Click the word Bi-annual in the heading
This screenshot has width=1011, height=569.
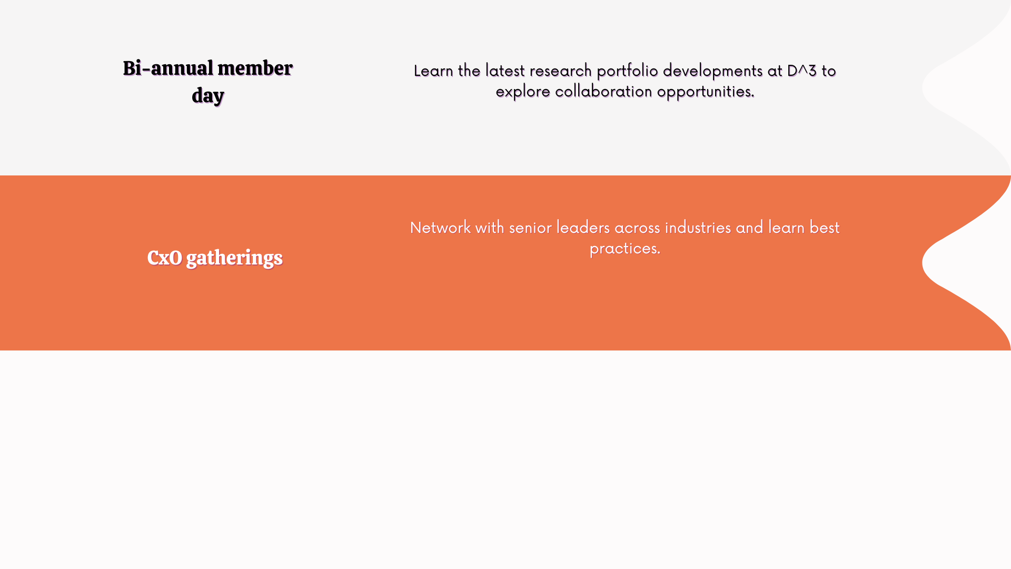point(168,68)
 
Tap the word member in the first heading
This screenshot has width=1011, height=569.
point(255,68)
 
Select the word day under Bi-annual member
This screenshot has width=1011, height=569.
point(208,96)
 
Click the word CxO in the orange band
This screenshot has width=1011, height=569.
point(165,258)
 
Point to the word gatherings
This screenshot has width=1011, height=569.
point(234,259)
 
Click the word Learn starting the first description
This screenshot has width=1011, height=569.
point(433,71)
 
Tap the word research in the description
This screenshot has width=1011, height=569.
point(561,71)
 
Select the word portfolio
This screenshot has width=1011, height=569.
point(628,71)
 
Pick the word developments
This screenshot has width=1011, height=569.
point(713,71)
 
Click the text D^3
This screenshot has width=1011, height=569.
point(802,71)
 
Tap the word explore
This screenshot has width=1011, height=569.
point(523,92)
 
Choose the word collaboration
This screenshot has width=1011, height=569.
point(604,91)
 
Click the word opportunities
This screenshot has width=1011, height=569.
point(706,92)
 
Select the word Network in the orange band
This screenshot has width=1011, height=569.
point(440,228)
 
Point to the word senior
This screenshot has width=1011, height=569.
point(530,228)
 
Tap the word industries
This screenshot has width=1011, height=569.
point(698,228)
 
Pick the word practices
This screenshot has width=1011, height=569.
point(625,249)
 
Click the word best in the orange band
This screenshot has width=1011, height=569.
point(825,228)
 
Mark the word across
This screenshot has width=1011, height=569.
point(637,228)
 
